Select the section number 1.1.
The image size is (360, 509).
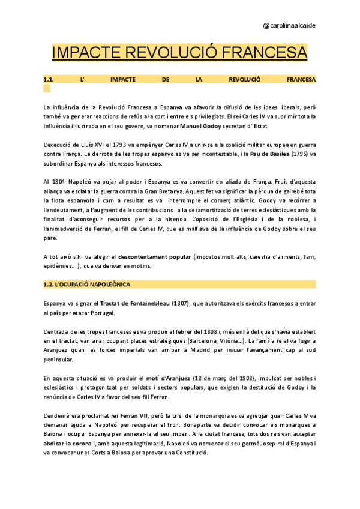[49, 79]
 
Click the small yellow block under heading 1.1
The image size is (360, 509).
[47, 88]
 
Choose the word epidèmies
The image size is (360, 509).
[58, 266]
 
